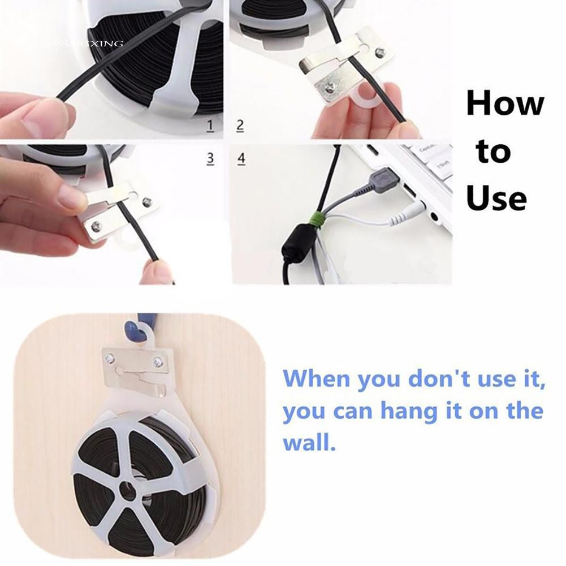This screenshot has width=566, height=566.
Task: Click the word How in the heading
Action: click(505, 104)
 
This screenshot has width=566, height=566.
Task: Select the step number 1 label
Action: click(211, 126)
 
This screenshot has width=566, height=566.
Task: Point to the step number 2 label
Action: click(240, 126)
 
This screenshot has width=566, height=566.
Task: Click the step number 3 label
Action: click(211, 158)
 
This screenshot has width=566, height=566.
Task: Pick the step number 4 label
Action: click(241, 158)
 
